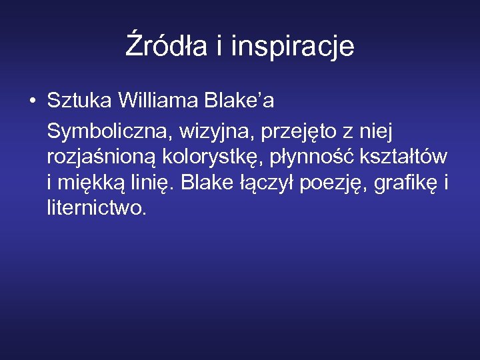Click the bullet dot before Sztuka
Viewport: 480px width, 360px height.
31,102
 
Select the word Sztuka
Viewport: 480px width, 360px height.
79,101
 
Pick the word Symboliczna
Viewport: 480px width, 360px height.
107,132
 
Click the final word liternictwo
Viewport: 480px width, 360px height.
96,207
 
